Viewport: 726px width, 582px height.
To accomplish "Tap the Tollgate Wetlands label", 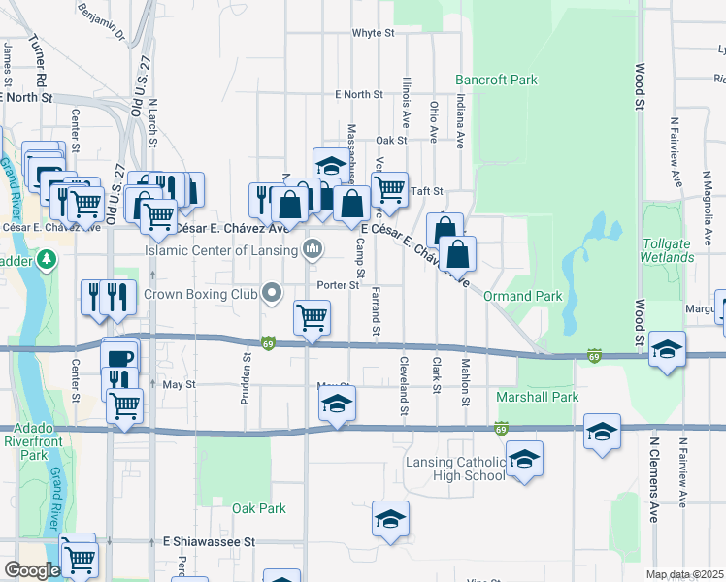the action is (x=667, y=249).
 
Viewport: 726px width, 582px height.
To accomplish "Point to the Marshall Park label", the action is (x=537, y=397).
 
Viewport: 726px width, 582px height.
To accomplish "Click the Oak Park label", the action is (x=259, y=508).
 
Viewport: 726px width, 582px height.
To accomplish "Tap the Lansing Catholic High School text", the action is (x=456, y=469).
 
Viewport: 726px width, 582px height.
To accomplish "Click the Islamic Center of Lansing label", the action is (x=221, y=250).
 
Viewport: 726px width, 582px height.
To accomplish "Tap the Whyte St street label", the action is (x=373, y=32).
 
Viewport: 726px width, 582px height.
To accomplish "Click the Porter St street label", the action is (x=339, y=285).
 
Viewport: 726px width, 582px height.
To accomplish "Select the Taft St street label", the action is (x=426, y=191).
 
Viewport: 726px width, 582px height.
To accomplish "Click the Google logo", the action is (x=32, y=570).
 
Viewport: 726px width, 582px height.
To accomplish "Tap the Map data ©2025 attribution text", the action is (x=685, y=574).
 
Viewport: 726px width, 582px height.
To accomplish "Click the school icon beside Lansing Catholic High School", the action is (x=524, y=459).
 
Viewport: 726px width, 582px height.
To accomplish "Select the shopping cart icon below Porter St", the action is (x=313, y=317).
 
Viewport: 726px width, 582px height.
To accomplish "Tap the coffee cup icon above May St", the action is (x=119, y=357).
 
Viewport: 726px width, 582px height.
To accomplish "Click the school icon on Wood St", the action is (x=667, y=349).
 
